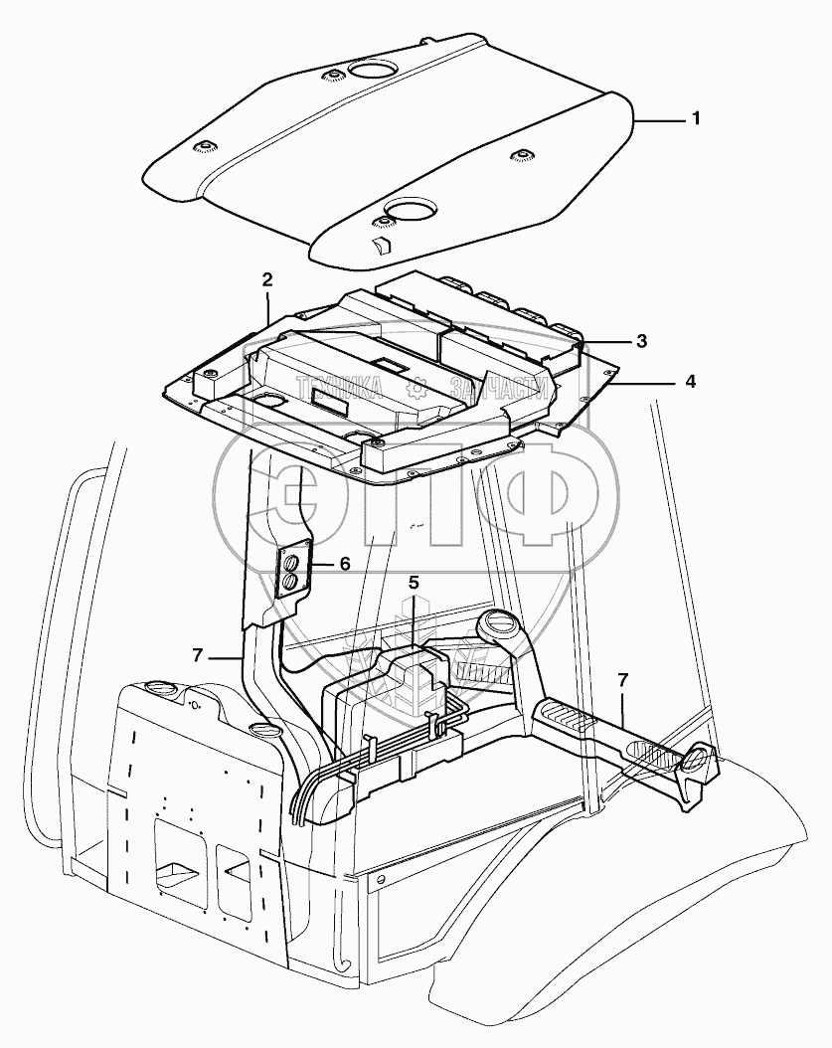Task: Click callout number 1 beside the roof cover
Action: tap(696, 118)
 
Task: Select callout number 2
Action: tap(267, 279)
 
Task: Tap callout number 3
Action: tap(642, 341)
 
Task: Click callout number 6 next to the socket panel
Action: tap(344, 564)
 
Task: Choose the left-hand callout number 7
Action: tap(198, 654)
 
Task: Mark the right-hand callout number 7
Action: tap(623, 680)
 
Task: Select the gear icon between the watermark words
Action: tap(421, 388)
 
